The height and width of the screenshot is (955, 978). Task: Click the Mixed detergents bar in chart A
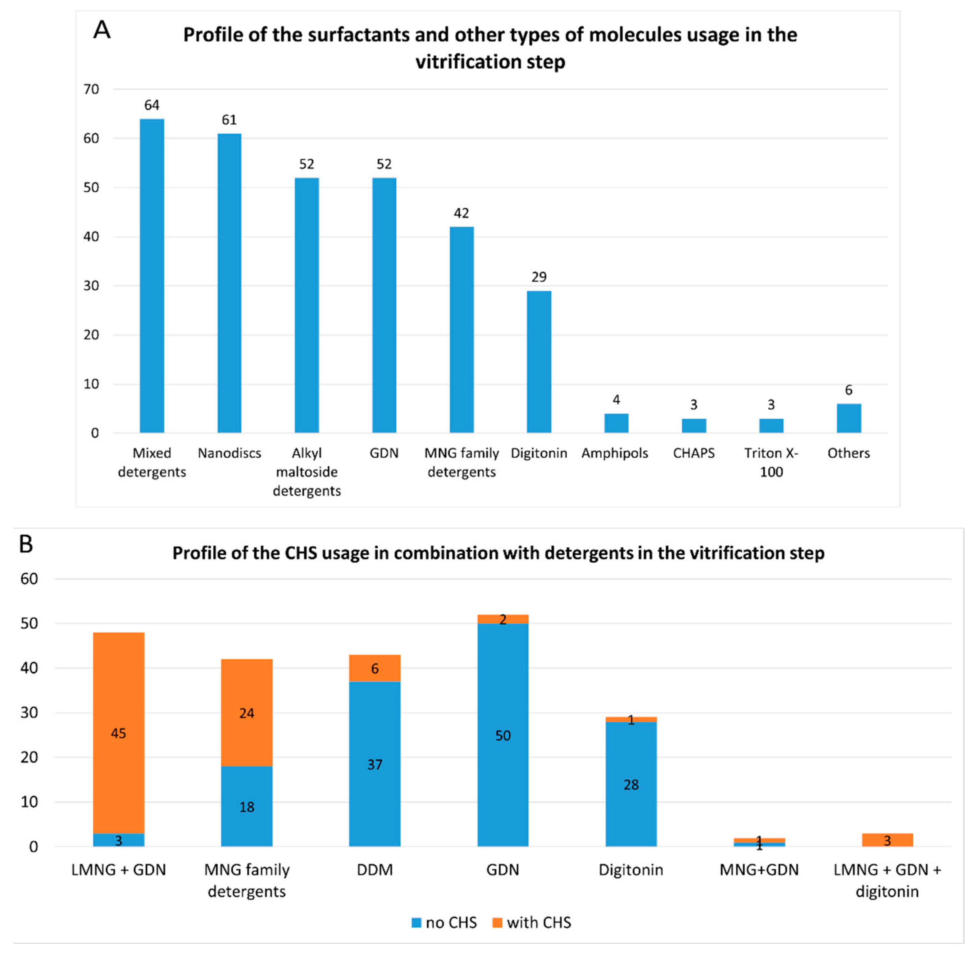coord(152,276)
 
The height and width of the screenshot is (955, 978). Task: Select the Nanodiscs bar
coord(229,283)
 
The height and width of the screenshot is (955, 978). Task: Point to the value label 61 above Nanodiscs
coord(229,120)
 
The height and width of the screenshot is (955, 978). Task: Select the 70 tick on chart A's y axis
coord(91,89)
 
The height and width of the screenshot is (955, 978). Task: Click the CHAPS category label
coord(694,453)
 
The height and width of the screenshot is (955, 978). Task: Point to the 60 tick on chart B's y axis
coord(29,579)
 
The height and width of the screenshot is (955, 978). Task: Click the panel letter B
coord(26,544)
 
